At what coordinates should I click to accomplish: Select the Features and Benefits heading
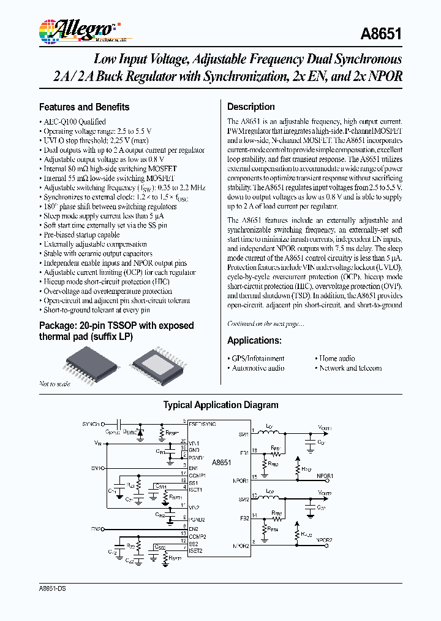coord(84,107)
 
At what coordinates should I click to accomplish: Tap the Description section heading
coord(251,107)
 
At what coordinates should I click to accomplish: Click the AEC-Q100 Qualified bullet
coord(74,122)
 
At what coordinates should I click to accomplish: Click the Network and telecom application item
coord(350,368)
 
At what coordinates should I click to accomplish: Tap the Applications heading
coord(254,341)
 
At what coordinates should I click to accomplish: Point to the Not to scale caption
coord(55,384)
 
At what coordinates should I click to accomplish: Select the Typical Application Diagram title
coord(221,405)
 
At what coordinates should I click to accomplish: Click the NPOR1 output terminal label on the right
coord(325,476)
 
